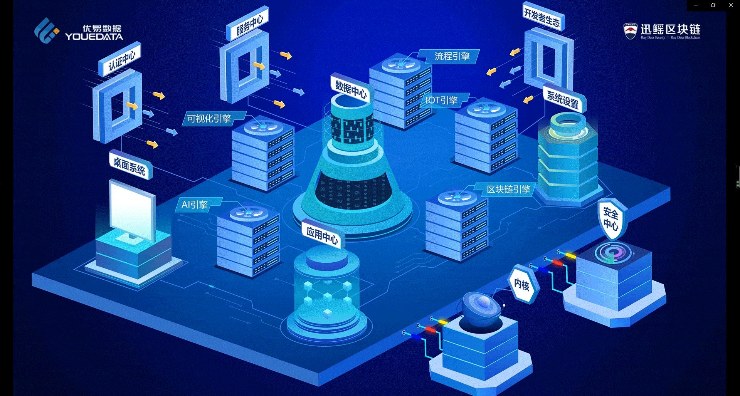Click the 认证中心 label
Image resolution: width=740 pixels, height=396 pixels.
pyautogui.click(x=121, y=60)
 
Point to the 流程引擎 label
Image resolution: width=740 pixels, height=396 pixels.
pyautogui.click(x=452, y=57)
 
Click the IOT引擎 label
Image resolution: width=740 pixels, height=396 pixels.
pyautogui.click(x=442, y=101)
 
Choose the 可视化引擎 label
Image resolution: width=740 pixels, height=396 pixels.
pyautogui.click(x=209, y=119)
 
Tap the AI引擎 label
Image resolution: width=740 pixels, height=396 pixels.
pyautogui.click(x=195, y=204)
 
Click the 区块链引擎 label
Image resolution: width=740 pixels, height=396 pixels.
pyautogui.click(x=508, y=190)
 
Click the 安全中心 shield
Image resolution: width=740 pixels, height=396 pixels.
pyautogui.click(x=611, y=219)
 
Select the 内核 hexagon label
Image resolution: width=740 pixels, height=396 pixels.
pyautogui.click(x=522, y=285)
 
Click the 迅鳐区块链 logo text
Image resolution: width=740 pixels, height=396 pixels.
pyautogui.click(x=670, y=30)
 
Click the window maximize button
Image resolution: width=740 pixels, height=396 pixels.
pyautogui.click(x=713, y=5)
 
